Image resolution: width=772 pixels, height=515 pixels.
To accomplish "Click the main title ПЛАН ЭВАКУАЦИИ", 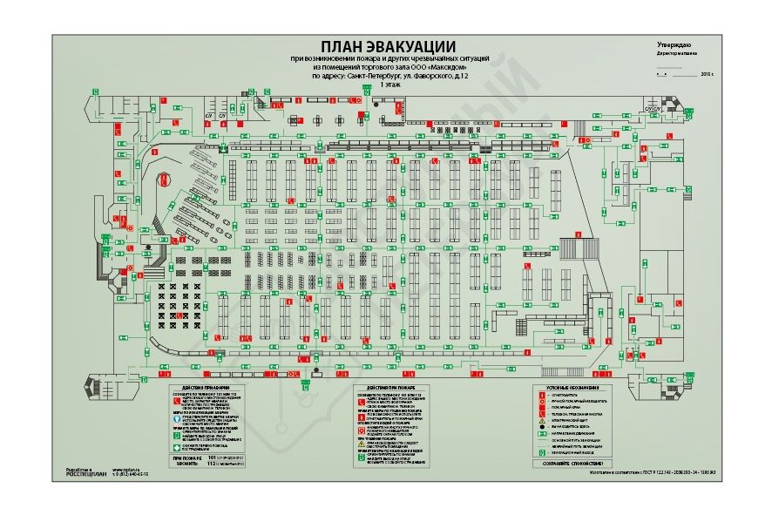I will (x=387, y=46).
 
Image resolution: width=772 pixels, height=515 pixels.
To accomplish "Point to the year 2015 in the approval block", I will (x=706, y=75).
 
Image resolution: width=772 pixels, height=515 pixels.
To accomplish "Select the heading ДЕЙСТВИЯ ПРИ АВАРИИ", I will (x=206, y=386).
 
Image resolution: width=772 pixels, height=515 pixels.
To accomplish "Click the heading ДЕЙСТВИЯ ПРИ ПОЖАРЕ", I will (x=389, y=386).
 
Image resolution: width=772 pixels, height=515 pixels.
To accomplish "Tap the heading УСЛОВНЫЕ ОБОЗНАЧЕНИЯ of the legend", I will (x=572, y=387).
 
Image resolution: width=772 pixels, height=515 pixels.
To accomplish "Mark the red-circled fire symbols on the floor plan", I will (x=164, y=181).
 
